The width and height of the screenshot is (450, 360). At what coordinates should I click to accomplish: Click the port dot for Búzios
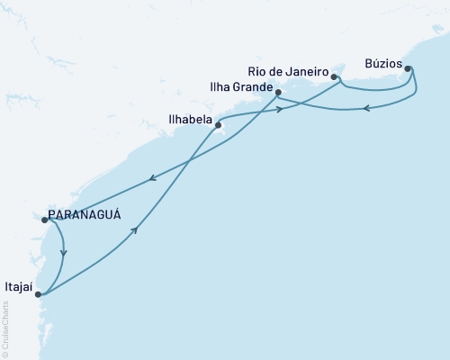click(408, 68)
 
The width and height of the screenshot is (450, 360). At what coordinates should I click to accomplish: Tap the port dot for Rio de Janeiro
click(334, 89)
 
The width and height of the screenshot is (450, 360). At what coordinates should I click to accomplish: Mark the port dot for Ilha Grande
click(278, 93)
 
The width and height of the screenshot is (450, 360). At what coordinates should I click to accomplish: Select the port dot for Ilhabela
click(218, 126)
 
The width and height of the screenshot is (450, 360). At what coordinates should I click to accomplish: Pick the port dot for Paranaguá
click(41, 218)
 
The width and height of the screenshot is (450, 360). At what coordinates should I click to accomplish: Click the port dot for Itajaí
click(37, 292)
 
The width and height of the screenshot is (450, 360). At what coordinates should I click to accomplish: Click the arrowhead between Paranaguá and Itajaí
click(63, 253)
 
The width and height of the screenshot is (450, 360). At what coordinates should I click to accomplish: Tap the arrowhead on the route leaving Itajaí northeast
click(135, 231)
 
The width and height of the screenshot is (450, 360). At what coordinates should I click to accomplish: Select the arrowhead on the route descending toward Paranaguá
click(151, 178)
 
